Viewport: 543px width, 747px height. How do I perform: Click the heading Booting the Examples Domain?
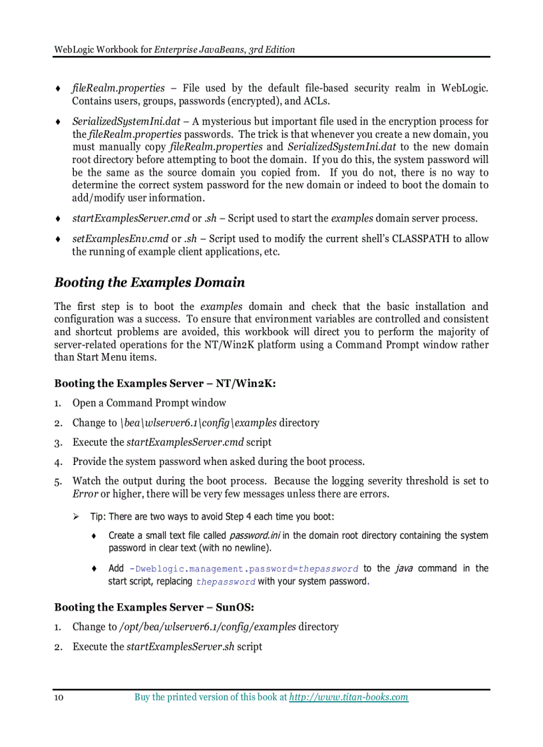click(149, 283)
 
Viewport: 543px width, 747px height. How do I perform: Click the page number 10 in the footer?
click(59, 697)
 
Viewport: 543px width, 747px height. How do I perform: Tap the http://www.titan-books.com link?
click(349, 697)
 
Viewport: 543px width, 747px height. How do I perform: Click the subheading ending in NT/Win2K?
click(164, 383)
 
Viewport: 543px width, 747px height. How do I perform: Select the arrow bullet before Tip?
click(77, 517)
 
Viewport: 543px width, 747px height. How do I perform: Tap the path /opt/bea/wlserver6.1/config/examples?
click(207, 627)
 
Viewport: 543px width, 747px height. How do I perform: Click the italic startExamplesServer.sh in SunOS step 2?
click(180, 647)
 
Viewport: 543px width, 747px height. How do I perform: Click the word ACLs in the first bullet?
click(317, 101)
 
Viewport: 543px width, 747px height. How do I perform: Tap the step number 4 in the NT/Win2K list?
click(58, 462)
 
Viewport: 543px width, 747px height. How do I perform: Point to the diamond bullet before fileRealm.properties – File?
click(58, 88)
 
